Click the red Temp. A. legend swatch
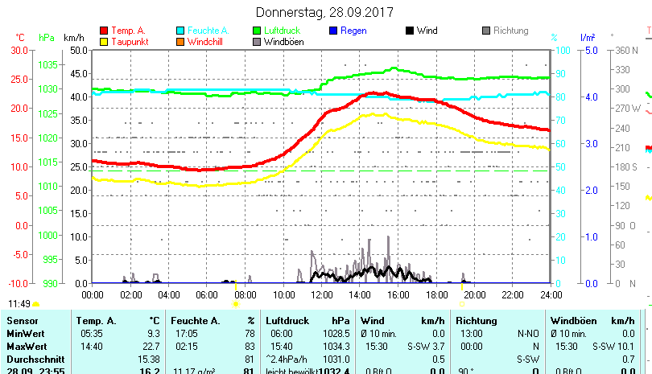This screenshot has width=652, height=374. (103, 31)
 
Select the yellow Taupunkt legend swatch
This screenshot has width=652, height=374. (103, 42)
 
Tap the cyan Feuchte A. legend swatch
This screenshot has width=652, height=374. (180, 31)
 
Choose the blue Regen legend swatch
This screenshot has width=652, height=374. (334, 31)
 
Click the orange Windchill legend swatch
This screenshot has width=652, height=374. (180, 42)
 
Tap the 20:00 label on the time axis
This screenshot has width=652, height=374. (474, 294)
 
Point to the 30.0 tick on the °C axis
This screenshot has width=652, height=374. (19, 50)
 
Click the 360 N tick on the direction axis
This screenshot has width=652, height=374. (626, 50)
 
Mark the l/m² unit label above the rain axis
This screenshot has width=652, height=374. (588, 37)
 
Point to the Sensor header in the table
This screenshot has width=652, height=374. (22, 321)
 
